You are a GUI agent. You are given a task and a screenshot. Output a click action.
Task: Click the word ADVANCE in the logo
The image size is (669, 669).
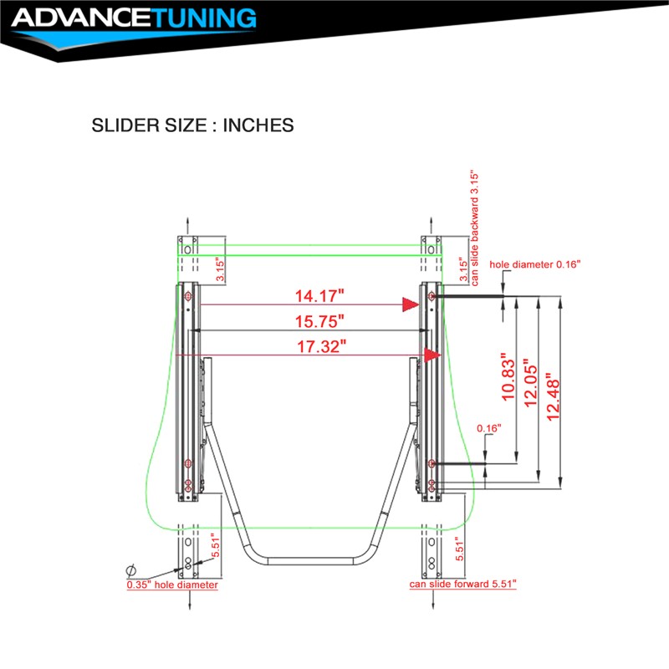[81, 18]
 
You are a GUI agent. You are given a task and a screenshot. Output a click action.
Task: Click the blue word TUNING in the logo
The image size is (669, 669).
[204, 18]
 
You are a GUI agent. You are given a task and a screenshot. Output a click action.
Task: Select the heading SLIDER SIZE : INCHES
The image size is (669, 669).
[192, 125]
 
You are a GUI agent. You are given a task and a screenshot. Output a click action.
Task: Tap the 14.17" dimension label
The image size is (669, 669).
[319, 296]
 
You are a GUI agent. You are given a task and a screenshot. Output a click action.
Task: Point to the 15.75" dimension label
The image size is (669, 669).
[319, 321]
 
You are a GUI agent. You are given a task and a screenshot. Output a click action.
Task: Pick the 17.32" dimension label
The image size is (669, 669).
[321, 346]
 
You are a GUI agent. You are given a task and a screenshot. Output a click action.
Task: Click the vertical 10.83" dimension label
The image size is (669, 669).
[508, 377]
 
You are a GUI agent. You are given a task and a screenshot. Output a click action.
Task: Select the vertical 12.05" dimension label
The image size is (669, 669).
[531, 383]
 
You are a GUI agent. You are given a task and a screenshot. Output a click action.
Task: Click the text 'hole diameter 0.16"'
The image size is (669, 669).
[535, 264]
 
